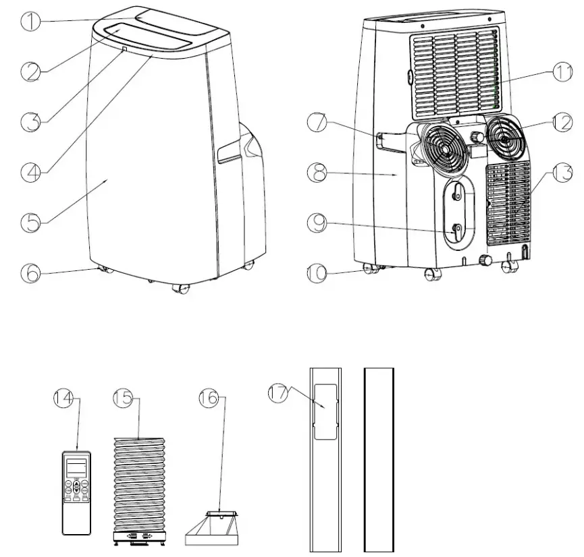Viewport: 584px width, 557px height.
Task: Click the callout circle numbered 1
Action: pyautogui.click(x=30, y=21)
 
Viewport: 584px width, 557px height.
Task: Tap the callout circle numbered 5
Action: pyautogui.click(x=30, y=221)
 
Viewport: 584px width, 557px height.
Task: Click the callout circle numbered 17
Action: pyautogui.click(x=278, y=392)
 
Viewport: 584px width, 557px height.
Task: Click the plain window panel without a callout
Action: pyautogui.click(x=378, y=459)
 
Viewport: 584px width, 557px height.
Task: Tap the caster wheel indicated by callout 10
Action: pyautogui.click(x=371, y=270)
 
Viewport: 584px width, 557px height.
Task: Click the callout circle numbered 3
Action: pyautogui.click(x=30, y=121)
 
